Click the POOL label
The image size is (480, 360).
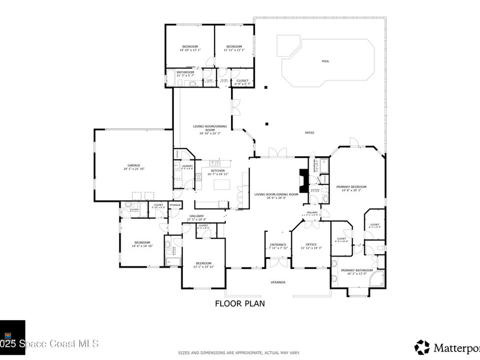click(325, 61)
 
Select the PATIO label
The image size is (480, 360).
click(309, 133)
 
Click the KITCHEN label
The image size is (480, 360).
click(217, 171)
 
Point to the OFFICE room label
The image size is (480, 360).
click(311, 244)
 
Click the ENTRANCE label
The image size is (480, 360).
click(278, 244)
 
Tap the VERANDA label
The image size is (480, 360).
click(278, 282)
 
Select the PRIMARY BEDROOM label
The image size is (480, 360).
click(351, 187)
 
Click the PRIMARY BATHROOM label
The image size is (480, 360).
click(357, 270)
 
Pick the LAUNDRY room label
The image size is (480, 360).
click(187, 165)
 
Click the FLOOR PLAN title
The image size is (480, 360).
click(240, 304)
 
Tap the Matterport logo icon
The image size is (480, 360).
click(422, 347)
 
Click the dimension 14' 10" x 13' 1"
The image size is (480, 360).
click(190, 51)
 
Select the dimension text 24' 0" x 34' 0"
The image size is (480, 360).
click(276, 198)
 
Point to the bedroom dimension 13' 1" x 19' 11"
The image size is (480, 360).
click(204, 267)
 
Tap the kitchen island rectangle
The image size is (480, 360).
click(222, 184)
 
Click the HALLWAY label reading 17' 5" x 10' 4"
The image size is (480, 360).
click(197, 219)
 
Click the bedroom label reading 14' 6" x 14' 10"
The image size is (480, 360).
click(141, 246)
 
